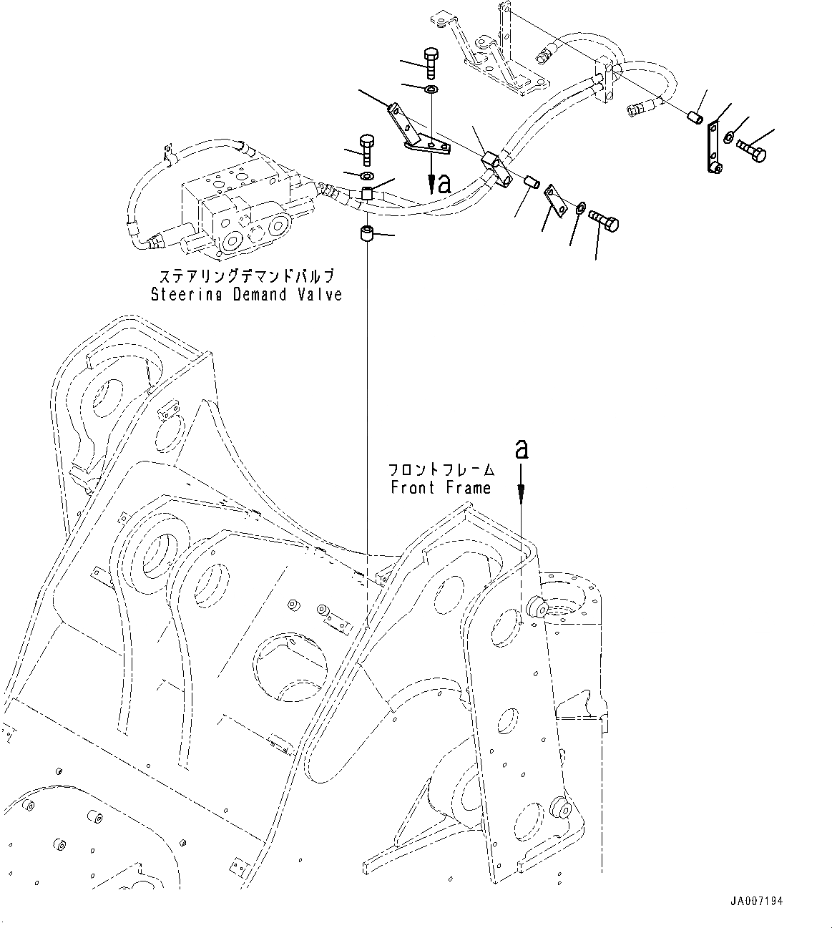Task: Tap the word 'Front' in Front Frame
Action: click(413, 487)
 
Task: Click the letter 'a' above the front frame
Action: click(522, 449)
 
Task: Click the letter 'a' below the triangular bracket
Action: click(444, 184)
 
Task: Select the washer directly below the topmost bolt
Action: click(431, 89)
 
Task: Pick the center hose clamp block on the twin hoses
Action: click(494, 165)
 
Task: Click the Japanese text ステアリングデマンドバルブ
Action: click(246, 276)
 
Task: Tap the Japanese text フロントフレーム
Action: click(441, 470)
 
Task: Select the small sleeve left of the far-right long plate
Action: click(692, 117)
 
